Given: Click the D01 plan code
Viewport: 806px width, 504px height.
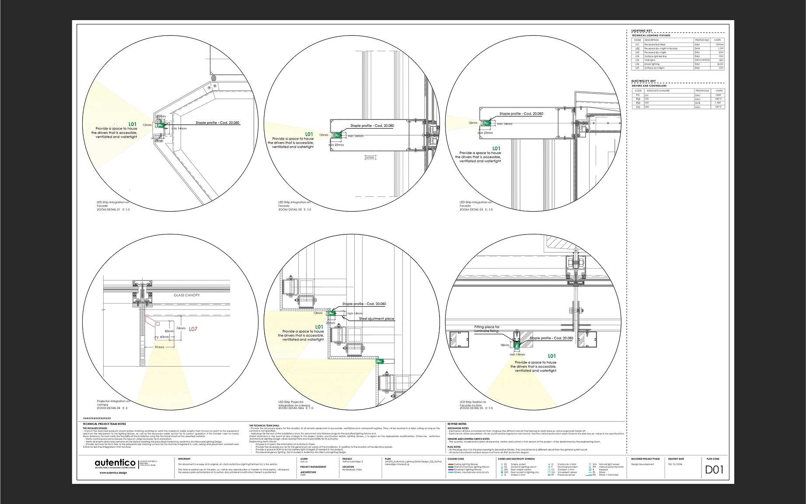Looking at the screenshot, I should click(x=714, y=470).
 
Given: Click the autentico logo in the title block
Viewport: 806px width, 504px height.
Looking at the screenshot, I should click(x=115, y=463).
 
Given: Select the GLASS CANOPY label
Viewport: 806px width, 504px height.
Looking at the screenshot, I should click(x=187, y=295).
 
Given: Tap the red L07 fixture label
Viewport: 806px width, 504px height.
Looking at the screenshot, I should click(x=193, y=329).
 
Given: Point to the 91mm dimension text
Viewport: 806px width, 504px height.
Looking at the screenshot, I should click(x=160, y=347).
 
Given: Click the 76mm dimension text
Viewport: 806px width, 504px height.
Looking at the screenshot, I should click(x=181, y=328).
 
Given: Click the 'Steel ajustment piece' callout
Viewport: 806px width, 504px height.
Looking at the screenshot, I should click(x=377, y=319).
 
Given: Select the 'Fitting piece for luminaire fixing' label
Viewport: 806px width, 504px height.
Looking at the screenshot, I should click(x=487, y=329).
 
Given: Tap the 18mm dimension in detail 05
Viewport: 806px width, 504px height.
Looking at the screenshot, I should click(x=505, y=345).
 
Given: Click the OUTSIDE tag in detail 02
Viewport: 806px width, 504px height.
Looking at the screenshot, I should click(x=370, y=157).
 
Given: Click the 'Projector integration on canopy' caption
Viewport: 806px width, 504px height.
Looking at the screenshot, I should click(x=113, y=402).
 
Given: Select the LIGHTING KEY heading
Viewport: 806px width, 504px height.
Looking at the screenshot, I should click(x=642, y=31).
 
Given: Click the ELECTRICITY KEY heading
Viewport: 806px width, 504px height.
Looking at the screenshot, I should click(x=643, y=81).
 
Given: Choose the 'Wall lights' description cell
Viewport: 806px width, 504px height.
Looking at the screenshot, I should click(x=650, y=60).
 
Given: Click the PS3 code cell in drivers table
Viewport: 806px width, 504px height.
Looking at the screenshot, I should click(x=638, y=103).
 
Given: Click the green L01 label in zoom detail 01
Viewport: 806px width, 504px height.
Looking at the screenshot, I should click(x=133, y=124).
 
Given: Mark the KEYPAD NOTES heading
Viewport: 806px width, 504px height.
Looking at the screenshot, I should click(x=457, y=424).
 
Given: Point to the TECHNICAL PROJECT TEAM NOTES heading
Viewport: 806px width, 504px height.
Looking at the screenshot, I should click(x=105, y=424).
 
